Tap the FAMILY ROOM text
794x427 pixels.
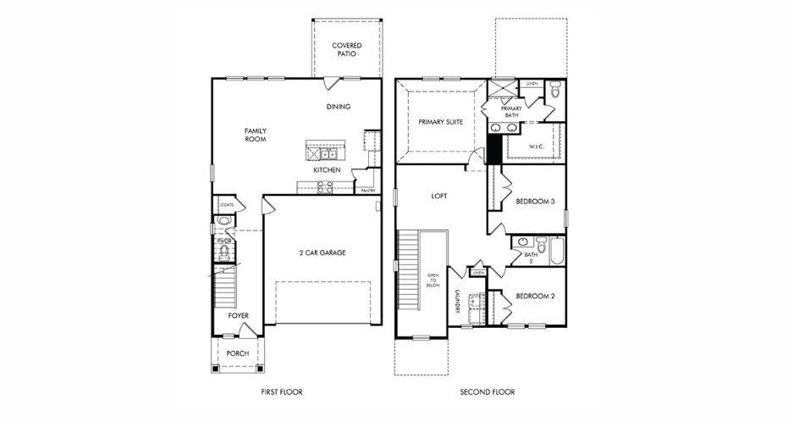tap(256, 135)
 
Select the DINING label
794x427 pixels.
tap(339, 107)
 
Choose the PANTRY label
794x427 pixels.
tap(368, 191)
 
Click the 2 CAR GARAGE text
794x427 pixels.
tap(322, 252)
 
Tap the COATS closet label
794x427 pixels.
tap(227, 205)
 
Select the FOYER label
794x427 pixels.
tap(238, 315)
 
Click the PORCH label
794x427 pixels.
tap(238, 353)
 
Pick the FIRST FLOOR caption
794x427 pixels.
tap(282, 392)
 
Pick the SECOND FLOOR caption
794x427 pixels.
tap(487, 392)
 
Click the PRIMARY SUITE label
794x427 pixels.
tap(440, 122)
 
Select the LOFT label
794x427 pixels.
tap(439, 196)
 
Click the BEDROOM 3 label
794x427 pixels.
tap(535, 202)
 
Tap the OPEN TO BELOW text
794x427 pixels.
tap(433, 280)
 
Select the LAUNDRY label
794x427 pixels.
tap(457, 303)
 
